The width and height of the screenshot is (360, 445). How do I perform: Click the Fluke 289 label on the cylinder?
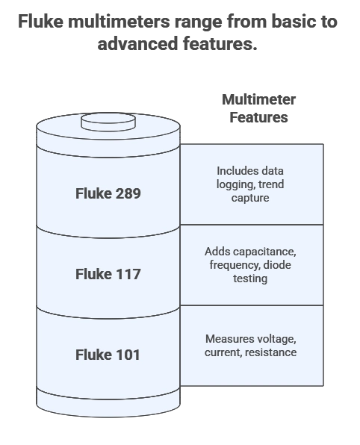108,193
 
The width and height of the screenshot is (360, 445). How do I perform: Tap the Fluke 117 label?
108,274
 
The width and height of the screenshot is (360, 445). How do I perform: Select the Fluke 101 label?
108,355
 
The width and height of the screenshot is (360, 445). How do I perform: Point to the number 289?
126,193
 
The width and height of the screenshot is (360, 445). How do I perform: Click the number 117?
126,274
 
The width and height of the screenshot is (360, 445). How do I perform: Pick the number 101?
126,355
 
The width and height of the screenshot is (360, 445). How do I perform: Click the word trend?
270,184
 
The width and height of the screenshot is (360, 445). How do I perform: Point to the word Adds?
217,251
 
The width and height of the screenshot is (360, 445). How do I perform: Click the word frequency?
234,264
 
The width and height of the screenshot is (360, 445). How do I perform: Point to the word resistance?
271,352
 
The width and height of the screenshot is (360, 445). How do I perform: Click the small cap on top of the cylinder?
108,120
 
